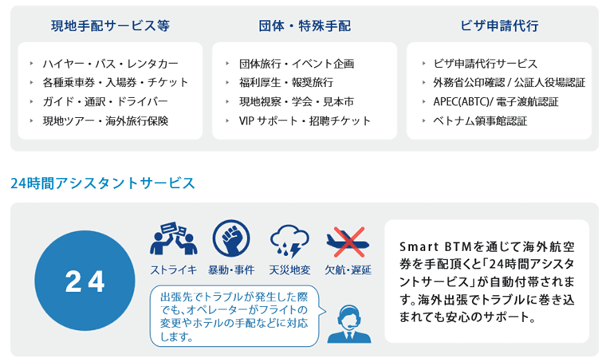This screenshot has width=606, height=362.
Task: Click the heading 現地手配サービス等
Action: tap(110, 25)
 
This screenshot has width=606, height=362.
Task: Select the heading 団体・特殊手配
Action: tap(305, 25)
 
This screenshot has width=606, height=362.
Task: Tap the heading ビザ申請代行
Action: tap(501, 25)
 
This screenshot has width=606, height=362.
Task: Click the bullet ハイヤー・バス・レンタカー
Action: tap(110, 64)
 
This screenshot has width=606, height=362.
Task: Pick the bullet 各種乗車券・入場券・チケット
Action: tap(116, 83)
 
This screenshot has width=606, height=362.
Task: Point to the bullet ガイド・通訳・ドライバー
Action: tap(105, 102)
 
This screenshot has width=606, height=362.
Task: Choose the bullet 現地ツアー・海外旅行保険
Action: tap(105, 121)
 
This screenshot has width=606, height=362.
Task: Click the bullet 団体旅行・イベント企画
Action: tap(296, 64)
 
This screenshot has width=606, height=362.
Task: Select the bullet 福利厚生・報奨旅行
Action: tap(285, 83)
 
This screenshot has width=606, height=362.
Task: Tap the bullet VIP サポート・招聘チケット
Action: tap(305, 121)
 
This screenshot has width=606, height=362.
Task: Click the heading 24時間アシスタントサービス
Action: tap(103, 183)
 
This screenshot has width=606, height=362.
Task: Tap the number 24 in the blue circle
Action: tap(85, 281)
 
